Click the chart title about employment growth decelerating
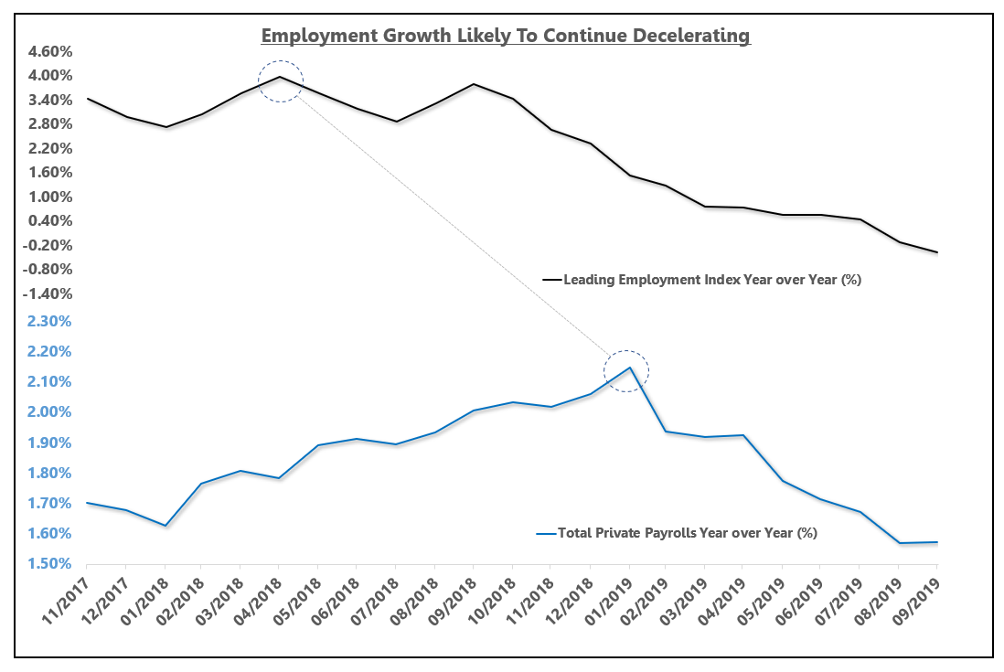click(505, 36)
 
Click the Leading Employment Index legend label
click(712, 280)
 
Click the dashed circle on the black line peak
click(280, 81)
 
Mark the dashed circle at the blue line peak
click(626, 371)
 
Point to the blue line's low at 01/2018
click(165, 526)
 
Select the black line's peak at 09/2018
click(474, 84)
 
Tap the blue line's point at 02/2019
click(667, 432)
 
